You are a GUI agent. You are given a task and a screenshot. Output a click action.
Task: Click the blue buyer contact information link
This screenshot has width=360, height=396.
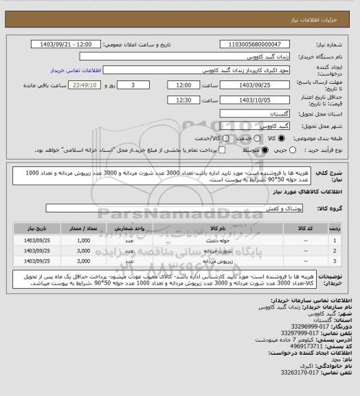pyautogui.click(x=76, y=70)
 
